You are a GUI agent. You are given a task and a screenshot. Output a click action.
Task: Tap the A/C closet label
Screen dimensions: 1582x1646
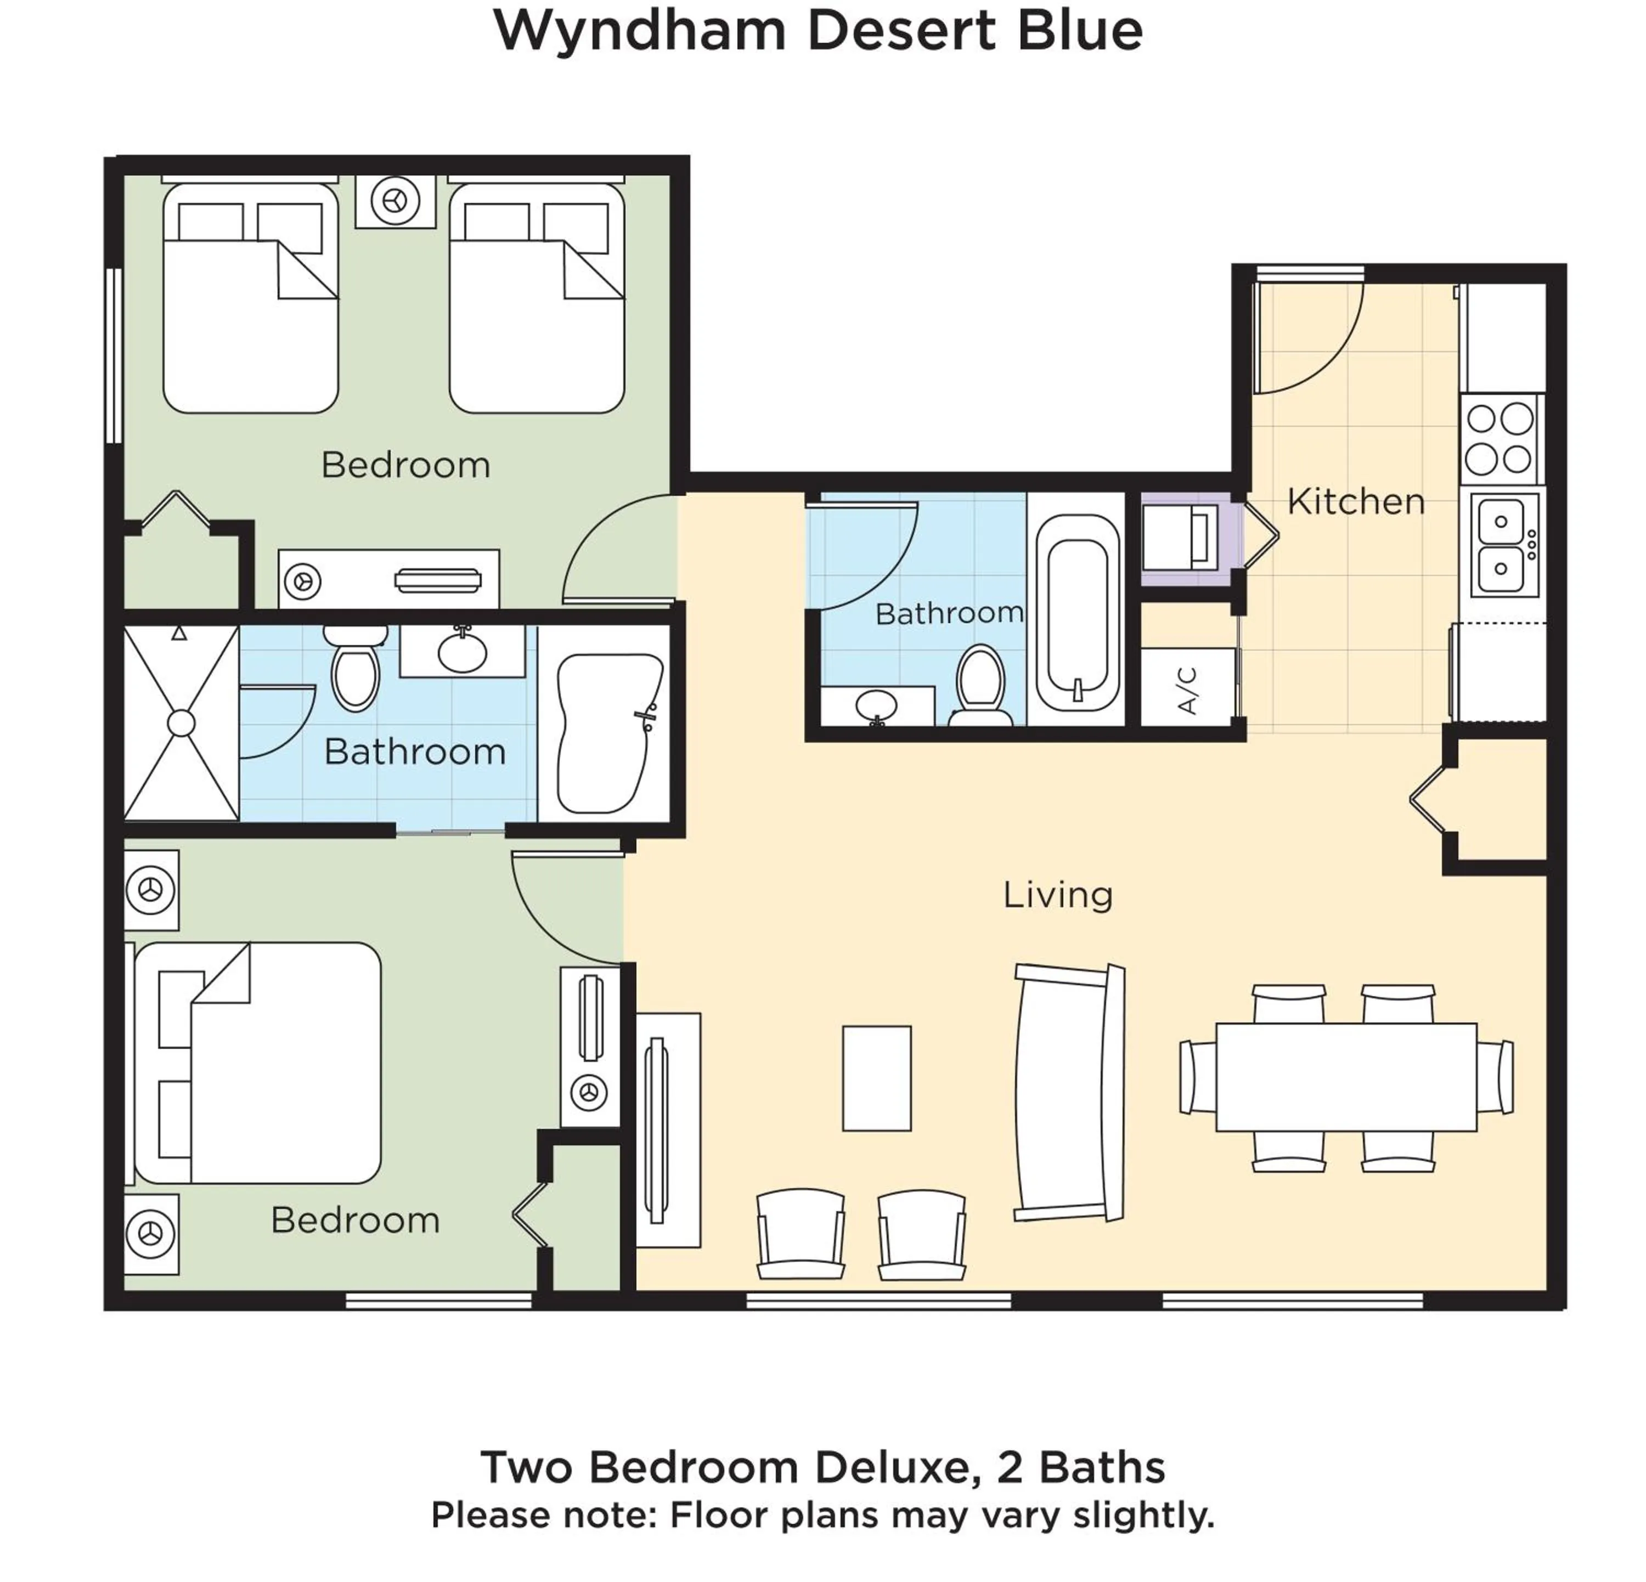[x=1187, y=690]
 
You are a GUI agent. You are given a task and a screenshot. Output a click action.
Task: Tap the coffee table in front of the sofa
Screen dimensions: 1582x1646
[x=877, y=1078]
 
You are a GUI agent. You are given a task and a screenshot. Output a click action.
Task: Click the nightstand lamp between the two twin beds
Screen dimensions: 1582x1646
[x=394, y=201]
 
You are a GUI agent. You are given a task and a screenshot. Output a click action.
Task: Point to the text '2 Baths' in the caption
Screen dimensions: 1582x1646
[x=1081, y=1467]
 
